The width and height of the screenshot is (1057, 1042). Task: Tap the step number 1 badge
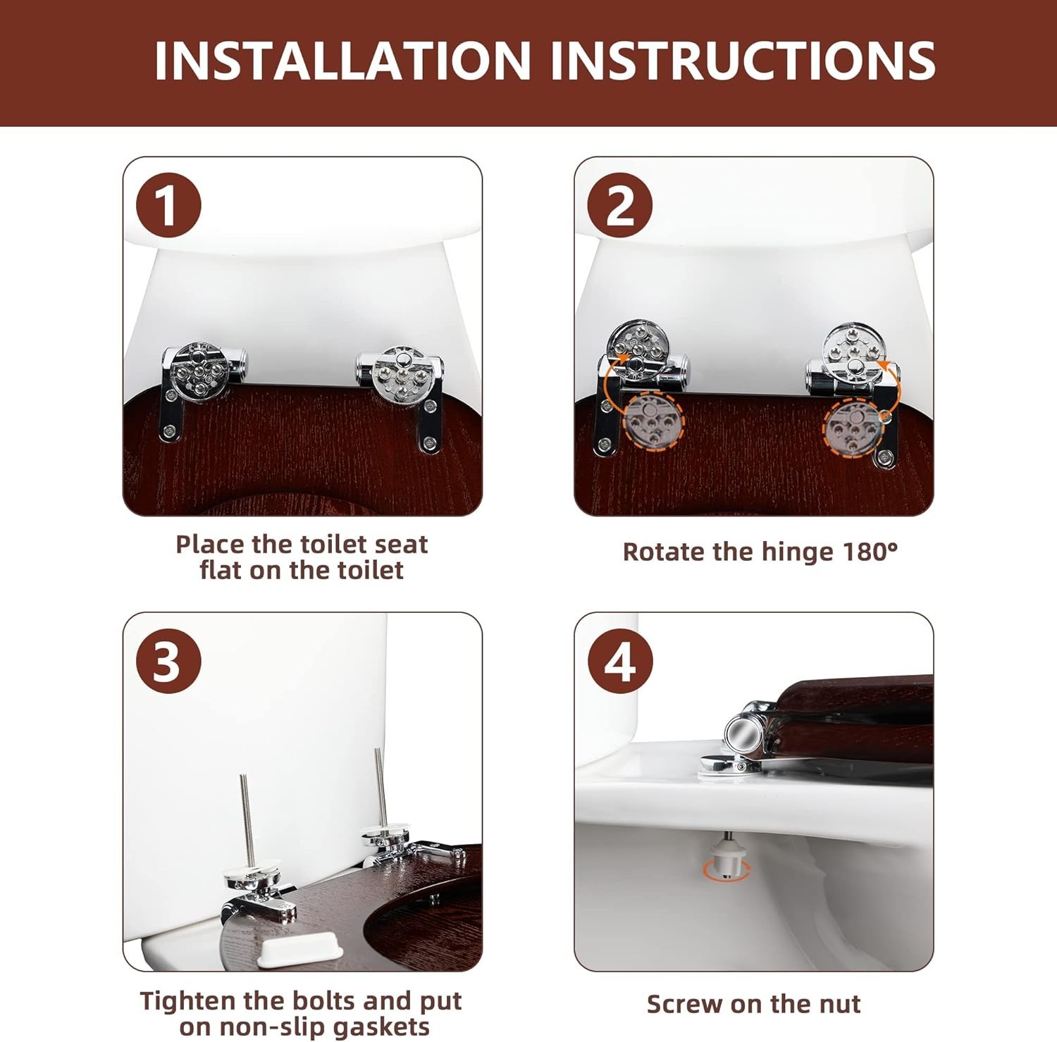[x=168, y=205]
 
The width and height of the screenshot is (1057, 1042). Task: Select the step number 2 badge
[x=619, y=205]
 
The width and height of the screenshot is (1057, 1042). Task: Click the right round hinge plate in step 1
[x=400, y=374]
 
